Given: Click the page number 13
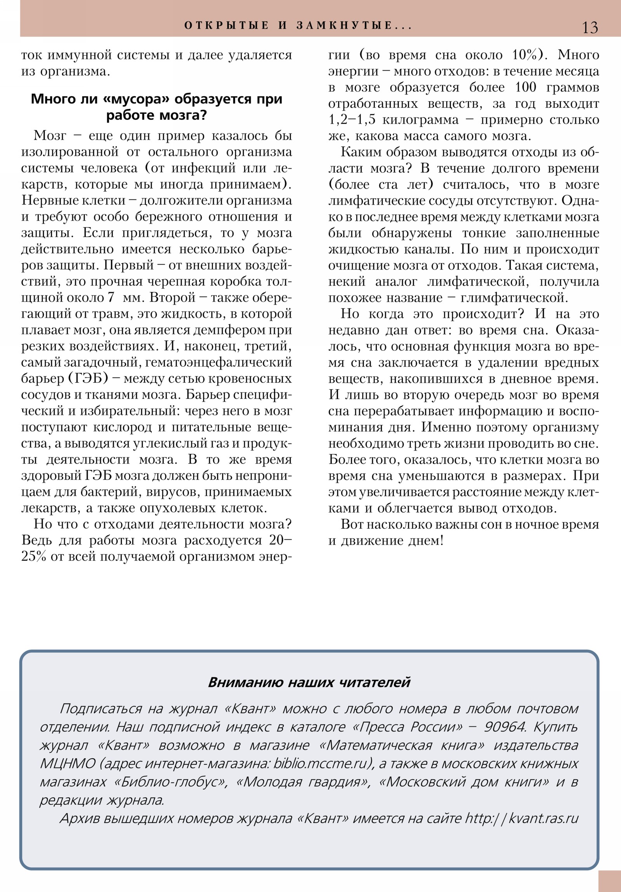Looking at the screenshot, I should point(590,28).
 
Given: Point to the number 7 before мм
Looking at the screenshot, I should point(111,297).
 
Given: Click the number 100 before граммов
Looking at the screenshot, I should point(526,87).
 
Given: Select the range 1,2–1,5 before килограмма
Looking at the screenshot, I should point(352,120).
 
